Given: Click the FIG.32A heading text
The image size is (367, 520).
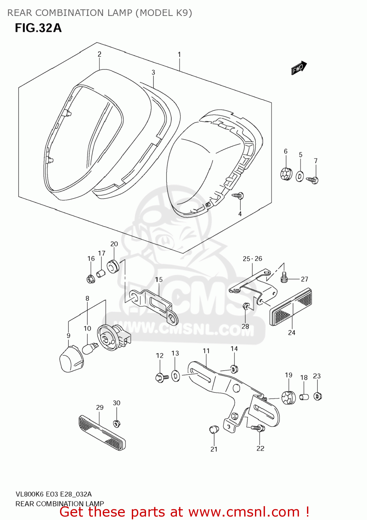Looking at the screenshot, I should (38, 28).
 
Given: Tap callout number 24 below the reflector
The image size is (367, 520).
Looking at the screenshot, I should (291, 332).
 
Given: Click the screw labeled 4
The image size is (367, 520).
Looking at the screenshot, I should (239, 196).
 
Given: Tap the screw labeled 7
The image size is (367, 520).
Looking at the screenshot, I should (313, 180).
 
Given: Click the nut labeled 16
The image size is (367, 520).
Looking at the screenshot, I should (91, 279).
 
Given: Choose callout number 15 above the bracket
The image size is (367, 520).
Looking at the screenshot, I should (159, 279).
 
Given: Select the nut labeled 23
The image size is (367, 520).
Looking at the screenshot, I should (317, 396).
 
